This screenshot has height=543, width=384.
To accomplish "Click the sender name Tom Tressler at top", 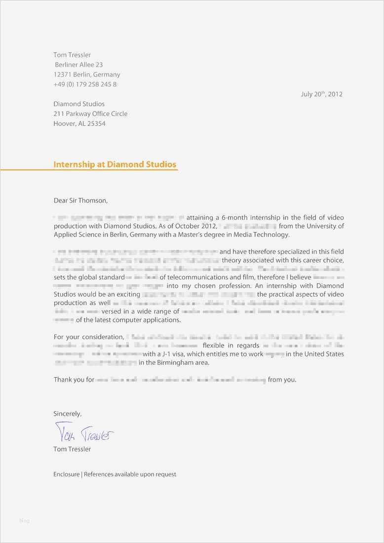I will [72, 55].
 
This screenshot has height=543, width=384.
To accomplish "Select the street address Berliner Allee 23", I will [79, 65].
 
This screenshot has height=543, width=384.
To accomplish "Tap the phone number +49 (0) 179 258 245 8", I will [85, 84].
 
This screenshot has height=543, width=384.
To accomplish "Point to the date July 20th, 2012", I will [321, 94].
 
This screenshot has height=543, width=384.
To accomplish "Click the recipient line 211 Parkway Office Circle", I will [90, 114].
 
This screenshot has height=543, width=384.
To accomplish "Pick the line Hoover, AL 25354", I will [79, 123].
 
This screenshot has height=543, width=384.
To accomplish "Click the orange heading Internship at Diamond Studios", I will [115, 164].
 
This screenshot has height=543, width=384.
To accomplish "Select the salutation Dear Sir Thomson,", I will [80, 200].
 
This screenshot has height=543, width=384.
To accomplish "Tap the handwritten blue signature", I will [84, 433].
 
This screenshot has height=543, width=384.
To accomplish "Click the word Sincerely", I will [67, 414].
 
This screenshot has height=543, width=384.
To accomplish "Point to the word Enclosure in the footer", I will [66, 474].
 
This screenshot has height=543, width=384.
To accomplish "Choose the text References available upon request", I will [130, 474].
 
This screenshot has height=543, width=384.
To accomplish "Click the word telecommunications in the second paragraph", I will [192, 277].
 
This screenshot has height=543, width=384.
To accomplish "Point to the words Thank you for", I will [74, 380].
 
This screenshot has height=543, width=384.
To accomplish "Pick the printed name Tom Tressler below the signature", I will [72, 449].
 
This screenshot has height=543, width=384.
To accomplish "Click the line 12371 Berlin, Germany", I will [87, 75].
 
